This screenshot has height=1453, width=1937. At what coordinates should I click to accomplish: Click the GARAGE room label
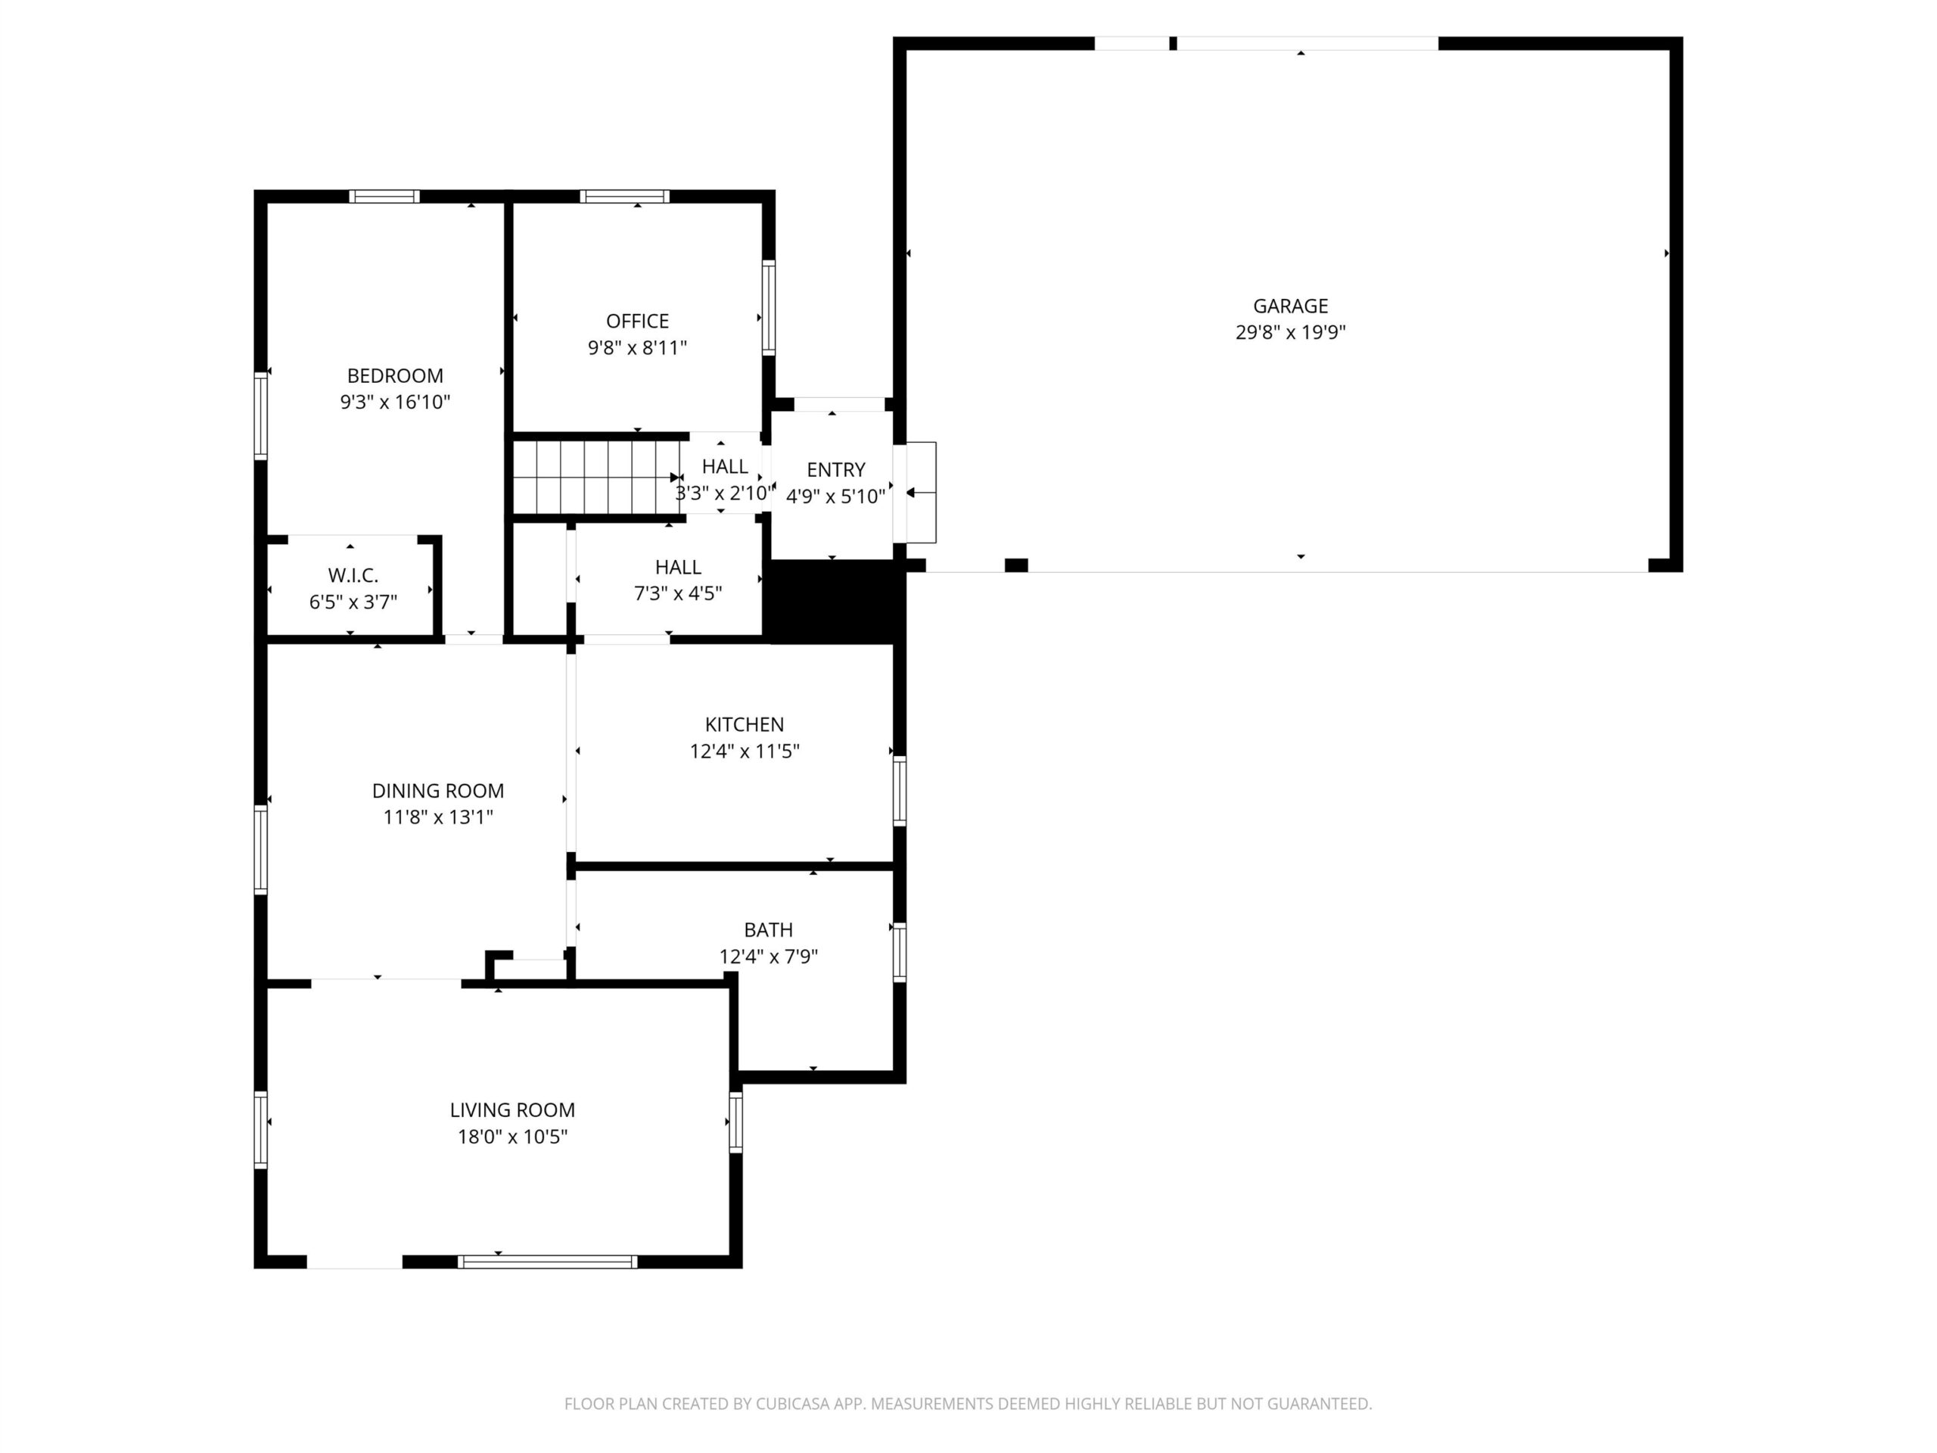pos(1290,306)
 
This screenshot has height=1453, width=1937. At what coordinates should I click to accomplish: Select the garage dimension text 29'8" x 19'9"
pos(1290,333)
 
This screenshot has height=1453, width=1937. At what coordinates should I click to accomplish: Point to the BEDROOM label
pos(395,375)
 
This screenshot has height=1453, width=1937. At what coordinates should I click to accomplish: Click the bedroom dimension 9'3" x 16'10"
pos(395,402)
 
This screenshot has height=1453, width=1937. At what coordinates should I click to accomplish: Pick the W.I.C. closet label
pos(353,575)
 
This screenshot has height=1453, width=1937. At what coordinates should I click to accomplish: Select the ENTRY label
pos(835,469)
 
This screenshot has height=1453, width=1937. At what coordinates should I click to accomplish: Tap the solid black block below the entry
pos(835,601)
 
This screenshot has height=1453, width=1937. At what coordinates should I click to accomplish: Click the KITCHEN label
pos(745,724)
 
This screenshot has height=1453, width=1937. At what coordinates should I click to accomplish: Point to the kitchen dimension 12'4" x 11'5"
pos(745,751)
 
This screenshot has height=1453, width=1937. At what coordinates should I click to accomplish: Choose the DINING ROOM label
pos(438,791)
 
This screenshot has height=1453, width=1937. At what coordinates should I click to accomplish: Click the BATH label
pos(768,930)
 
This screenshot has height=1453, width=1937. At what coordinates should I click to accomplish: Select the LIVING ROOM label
pos(512,1110)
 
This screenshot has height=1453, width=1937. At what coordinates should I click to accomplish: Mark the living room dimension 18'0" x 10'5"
pos(512,1137)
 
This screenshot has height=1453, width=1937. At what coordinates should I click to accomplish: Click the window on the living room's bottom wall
pos(547,1262)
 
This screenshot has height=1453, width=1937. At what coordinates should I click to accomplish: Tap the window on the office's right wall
pos(768,306)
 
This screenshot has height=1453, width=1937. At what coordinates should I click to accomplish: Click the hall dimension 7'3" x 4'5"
pos(678,594)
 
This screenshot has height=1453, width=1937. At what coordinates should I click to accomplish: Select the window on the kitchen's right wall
pos(900,791)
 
